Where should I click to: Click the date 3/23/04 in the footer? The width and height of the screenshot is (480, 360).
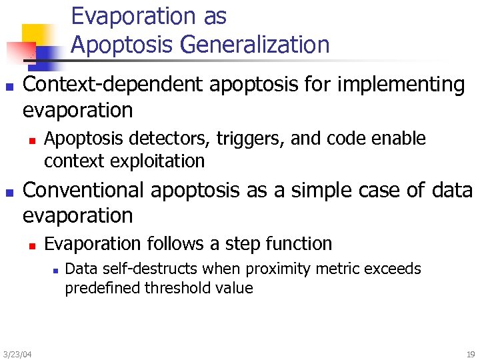tap(17, 353)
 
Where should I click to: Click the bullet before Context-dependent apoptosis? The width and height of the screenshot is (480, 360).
tap(9, 87)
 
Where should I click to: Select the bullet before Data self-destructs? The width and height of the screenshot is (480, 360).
tap(55, 270)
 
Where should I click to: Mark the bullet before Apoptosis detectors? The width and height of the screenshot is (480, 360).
tap(31, 140)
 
